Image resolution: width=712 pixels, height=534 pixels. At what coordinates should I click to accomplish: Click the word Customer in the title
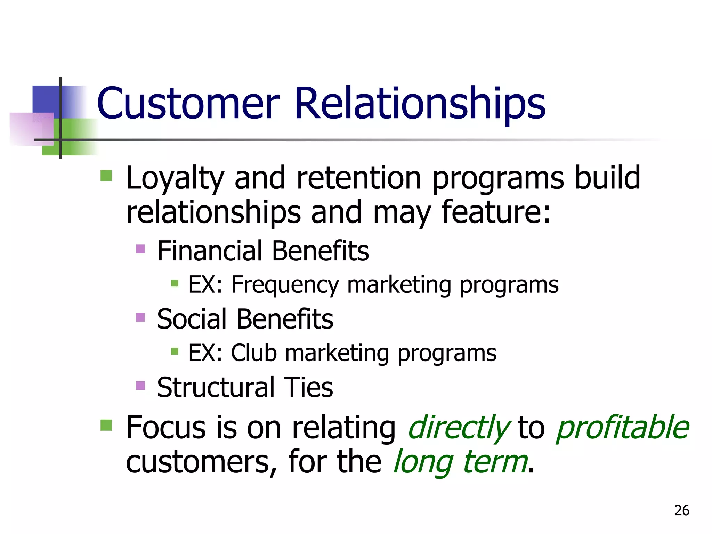point(188,104)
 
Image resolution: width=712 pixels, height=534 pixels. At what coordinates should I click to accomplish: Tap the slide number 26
point(682,510)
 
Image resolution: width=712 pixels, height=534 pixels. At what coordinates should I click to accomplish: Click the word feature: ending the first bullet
point(496,212)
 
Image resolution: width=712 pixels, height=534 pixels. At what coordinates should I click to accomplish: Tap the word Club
point(254,353)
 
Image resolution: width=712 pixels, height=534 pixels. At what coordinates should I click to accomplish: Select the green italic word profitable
point(622,428)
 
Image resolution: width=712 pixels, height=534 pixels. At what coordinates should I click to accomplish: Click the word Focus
point(166,428)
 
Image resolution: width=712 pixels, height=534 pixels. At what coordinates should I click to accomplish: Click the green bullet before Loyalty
point(106,176)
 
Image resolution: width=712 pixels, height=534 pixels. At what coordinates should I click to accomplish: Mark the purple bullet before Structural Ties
point(140,386)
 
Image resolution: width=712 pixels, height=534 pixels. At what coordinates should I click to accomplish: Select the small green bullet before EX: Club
point(175,351)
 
